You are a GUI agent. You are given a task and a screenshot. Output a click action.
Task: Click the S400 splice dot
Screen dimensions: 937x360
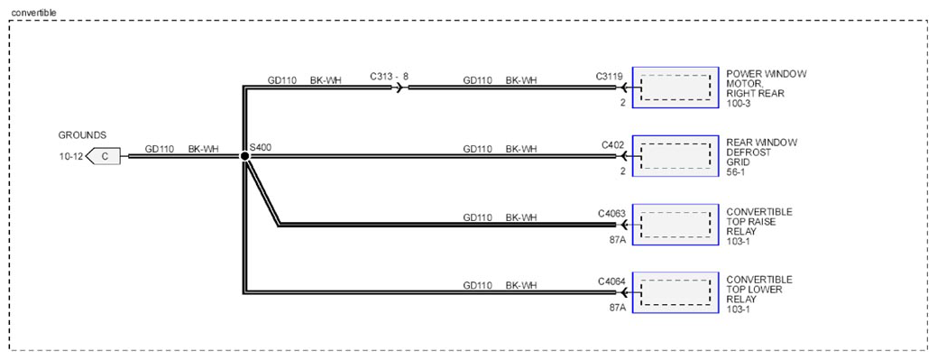click(x=244, y=156)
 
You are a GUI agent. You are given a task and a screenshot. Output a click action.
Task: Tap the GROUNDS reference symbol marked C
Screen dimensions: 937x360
click(x=103, y=157)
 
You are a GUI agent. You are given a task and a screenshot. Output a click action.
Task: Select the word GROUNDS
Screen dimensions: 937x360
click(x=82, y=135)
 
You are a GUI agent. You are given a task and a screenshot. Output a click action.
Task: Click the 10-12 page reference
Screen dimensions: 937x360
click(x=70, y=157)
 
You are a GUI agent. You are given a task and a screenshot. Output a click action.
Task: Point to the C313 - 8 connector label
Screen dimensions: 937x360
click(x=389, y=77)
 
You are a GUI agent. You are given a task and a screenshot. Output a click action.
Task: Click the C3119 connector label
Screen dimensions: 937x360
click(x=609, y=77)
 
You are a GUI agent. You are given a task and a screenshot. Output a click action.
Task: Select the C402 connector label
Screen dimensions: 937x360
click(x=612, y=145)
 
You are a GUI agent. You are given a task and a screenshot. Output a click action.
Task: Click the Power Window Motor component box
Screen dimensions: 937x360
click(x=675, y=88)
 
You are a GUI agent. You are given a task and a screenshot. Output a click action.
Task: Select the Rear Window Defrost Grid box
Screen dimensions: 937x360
click(x=675, y=156)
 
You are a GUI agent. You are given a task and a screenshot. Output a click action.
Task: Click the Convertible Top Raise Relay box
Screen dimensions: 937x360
click(x=675, y=225)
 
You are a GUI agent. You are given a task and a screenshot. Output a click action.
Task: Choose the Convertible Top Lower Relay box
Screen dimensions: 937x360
click(x=675, y=292)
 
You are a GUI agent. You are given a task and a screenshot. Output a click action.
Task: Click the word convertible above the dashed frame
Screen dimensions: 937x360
click(x=31, y=12)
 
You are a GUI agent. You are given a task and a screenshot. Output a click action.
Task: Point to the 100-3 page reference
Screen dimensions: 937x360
click(x=739, y=103)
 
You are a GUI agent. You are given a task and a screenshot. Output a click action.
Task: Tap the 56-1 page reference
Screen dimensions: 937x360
click(x=737, y=171)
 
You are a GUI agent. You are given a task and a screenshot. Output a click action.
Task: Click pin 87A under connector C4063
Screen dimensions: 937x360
click(x=617, y=240)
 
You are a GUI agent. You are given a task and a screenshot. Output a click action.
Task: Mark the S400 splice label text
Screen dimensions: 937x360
click(x=261, y=146)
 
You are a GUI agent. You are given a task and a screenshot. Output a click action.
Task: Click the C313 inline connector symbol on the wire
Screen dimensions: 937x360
click(x=400, y=88)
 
